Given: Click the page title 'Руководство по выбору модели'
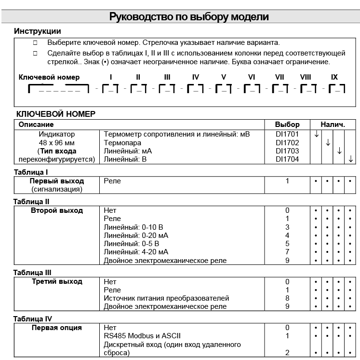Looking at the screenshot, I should [x=189, y=17].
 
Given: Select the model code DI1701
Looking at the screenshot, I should [x=287, y=134].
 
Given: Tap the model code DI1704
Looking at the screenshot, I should [x=287, y=159].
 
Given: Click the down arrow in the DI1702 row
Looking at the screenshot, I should [x=328, y=142].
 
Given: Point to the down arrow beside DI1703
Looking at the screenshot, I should [x=339, y=151].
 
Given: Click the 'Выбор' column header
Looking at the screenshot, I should [x=287, y=125].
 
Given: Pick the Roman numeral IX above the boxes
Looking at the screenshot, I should [x=334, y=77].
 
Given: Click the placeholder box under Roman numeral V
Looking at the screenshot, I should [x=224, y=89].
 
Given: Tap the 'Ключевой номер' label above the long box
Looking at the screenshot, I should [x=49, y=77].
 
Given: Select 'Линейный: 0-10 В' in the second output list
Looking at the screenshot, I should [x=133, y=227].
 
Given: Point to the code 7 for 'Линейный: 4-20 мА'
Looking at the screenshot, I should [x=287, y=252].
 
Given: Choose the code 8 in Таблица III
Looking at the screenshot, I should [x=287, y=298].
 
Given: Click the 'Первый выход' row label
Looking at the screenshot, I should [x=57, y=181].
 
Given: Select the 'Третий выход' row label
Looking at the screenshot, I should [x=57, y=281].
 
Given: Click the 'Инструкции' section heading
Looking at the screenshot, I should [x=38, y=31].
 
